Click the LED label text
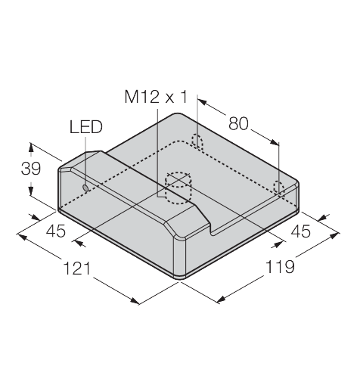(86, 127)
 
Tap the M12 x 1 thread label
(157, 97)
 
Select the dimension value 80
(238, 123)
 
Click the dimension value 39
(31, 169)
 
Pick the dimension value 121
(77, 268)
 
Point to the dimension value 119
(280, 267)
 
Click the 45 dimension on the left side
(56, 231)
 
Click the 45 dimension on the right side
(301, 231)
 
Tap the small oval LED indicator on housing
(85, 188)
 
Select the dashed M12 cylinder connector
(178, 188)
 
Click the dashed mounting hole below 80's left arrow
(197, 141)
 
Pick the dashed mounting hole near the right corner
(279, 188)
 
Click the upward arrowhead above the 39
(31, 147)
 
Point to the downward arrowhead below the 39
(31, 191)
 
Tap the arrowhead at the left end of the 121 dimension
(22, 237)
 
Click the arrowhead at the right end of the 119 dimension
(334, 235)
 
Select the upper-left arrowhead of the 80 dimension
(202, 102)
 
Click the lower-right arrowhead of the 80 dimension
(274, 142)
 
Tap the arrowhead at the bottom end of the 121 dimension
(135, 300)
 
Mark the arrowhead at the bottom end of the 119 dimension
(221, 299)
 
